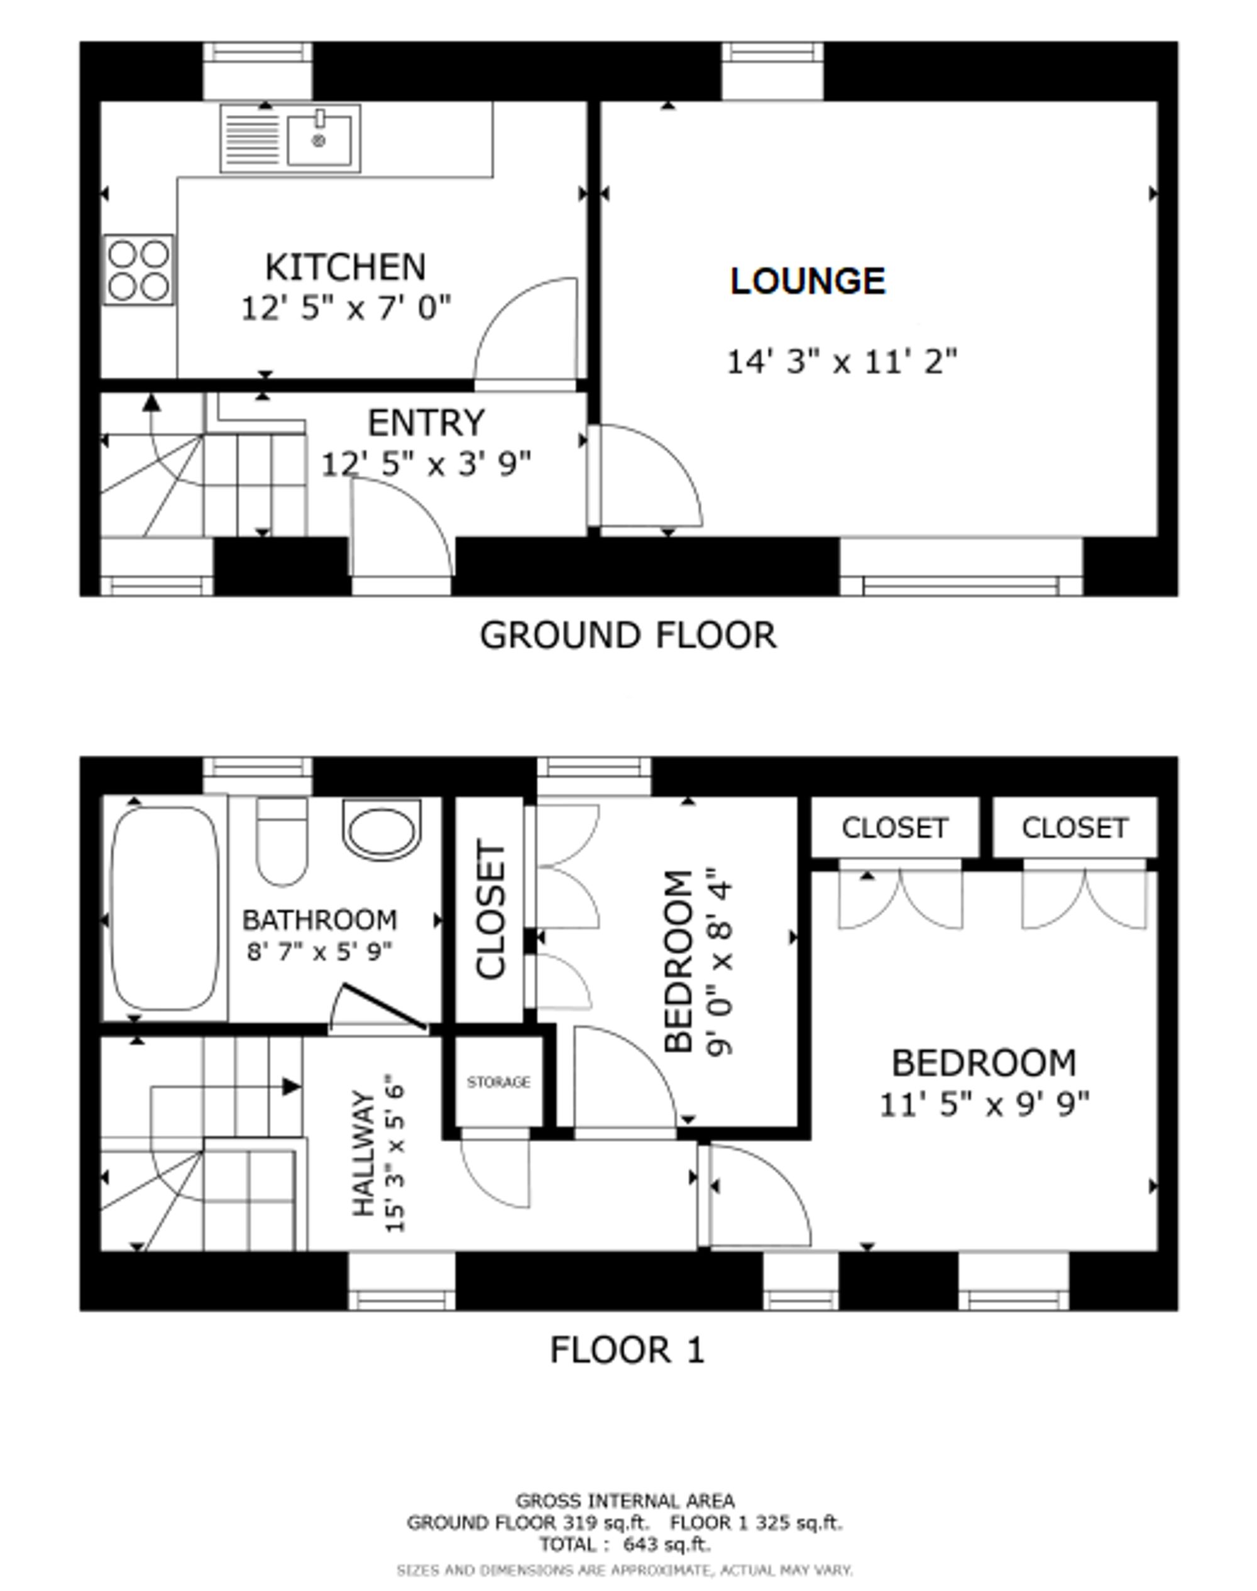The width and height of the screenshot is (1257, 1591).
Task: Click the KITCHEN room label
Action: click(x=345, y=267)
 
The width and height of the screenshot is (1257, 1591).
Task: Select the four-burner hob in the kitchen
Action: click(x=138, y=269)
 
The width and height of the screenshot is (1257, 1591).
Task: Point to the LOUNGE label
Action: click(x=808, y=281)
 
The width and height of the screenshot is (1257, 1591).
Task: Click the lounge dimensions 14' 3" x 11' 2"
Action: click(x=842, y=361)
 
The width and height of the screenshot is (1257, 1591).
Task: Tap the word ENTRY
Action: click(x=426, y=423)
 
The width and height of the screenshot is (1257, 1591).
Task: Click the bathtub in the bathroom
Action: click(x=165, y=908)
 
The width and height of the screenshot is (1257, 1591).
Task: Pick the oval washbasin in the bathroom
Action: click(x=382, y=830)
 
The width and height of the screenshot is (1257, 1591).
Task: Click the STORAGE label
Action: click(x=498, y=1082)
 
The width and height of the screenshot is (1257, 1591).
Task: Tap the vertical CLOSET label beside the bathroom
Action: click(x=491, y=910)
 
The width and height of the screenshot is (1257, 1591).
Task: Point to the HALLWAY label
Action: click(x=363, y=1153)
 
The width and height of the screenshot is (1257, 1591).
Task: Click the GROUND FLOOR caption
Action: click(x=628, y=636)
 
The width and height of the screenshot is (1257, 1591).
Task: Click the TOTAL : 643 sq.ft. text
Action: click(x=625, y=1544)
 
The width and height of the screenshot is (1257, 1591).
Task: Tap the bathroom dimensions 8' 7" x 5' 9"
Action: click(x=319, y=952)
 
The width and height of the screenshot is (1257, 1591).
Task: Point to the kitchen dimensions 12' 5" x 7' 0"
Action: click(x=346, y=308)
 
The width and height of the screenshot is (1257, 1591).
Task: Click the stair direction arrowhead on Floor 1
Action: click(x=292, y=1087)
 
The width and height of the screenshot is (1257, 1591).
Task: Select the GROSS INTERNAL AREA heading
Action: click(x=625, y=1501)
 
